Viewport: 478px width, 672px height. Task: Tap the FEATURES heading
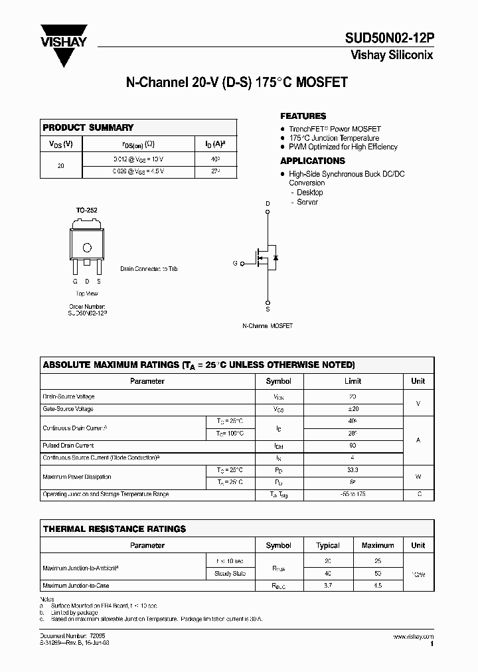point(303,116)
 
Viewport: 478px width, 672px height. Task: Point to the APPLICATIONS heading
point(312,161)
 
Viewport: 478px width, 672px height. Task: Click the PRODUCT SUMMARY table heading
point(88,127)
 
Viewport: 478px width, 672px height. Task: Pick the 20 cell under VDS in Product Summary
point(61,165)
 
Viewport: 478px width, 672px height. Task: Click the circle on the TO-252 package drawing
point(86,248)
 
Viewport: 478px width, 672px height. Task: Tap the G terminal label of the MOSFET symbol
point(235,264)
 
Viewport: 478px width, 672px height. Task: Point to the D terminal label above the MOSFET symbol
point(268,204)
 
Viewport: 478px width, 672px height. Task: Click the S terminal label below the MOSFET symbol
point(268,309)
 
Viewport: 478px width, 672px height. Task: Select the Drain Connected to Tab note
point(149,269)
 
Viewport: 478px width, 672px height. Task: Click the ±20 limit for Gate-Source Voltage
point(353,409)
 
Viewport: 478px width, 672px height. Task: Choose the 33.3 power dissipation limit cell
point(353,469)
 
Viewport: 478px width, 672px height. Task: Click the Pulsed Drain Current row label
point(68,446)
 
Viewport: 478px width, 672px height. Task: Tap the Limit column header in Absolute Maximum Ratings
point(353,381)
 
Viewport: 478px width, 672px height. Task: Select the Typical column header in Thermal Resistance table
point(328,545)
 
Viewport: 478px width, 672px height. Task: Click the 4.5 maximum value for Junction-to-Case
point(378,586)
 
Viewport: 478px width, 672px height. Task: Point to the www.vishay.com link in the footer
point(413,637)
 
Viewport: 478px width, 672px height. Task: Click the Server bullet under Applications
point(307,202)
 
